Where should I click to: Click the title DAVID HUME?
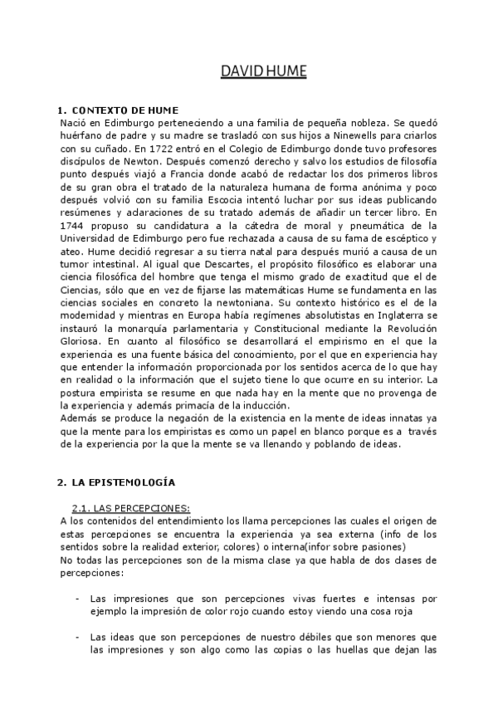point(263,71)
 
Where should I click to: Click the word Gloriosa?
point(81,340)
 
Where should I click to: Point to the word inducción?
point(258,404)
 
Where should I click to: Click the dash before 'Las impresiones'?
point(77,597)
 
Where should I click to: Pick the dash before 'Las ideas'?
point(77,637)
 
